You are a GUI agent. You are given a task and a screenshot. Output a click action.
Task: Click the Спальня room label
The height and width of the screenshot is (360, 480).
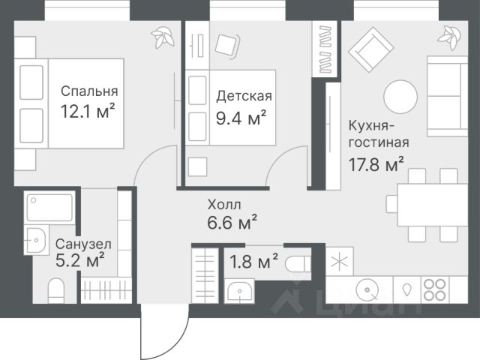(x=89, y=91)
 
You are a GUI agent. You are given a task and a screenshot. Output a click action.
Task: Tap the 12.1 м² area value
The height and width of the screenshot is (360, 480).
(x=88, y=111)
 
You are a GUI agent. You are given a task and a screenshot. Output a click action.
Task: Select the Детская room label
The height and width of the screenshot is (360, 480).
(x=244, y=96)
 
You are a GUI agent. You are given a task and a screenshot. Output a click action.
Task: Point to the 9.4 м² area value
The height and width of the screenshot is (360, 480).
(x=241, y=118)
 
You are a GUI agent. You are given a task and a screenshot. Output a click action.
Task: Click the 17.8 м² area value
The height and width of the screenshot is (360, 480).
(x=376, y=165)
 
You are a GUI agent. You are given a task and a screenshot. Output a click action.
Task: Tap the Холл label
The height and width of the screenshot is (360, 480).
(x=224, y=205)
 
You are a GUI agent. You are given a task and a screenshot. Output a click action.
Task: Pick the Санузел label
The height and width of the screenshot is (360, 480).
(x=83, y=244)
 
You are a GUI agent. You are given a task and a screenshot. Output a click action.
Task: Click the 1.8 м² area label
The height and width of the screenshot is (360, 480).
(x=253, y=261)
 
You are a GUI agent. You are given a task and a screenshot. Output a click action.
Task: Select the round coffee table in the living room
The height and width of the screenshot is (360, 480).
(x=400, y=97)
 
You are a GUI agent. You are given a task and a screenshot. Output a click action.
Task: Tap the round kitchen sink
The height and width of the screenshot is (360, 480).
(x=367, y=289)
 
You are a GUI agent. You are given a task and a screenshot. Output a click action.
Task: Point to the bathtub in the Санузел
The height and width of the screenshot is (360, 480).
(x=49, y=207)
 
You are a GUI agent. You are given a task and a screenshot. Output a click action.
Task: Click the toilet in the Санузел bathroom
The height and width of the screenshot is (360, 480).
(x=56, y=290)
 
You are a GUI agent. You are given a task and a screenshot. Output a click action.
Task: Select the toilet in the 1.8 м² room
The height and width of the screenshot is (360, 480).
(x=298, y=264)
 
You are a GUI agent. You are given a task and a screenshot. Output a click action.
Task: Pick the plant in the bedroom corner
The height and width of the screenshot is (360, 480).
(x=162, y=37)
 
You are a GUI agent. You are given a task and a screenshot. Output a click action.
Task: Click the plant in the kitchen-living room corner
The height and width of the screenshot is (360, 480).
(x=449, y=37)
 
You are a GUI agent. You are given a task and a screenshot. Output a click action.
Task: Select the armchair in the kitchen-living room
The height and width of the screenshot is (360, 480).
(x=371, y=49)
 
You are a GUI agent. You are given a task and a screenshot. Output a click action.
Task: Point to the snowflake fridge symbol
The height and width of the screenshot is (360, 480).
(x=340, y=262)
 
